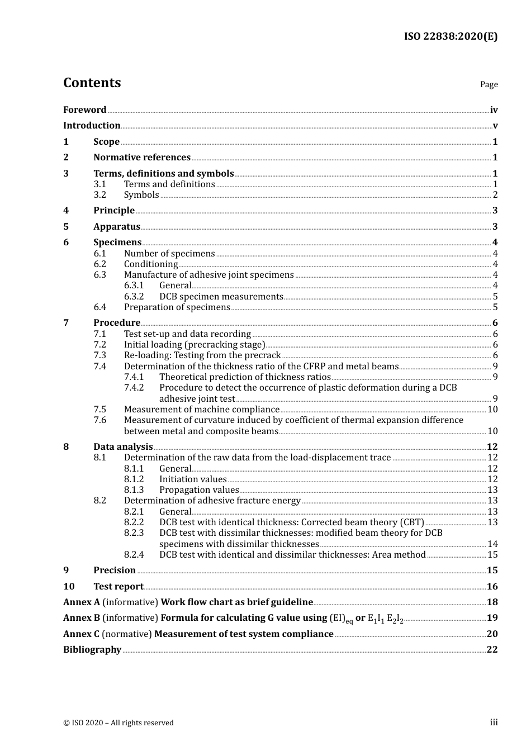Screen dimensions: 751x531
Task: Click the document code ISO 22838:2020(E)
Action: (451, 36)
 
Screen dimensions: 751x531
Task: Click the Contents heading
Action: (92, 83)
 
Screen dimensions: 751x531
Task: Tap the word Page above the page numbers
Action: (489, 84)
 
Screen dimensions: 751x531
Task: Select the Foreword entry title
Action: (84, 110)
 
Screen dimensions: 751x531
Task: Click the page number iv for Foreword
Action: (494, 110)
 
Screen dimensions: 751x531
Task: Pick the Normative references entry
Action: (142, 158)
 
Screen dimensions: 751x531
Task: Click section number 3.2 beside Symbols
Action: (99, 195)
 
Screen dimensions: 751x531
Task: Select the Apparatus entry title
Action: (117, 227)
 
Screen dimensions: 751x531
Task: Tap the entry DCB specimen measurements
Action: (221, 297)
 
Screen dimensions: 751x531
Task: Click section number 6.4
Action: (99, 307)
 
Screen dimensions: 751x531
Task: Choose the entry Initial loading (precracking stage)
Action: (195, 345)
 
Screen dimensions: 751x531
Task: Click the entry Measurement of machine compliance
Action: (201, 410)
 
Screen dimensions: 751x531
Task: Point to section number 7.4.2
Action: (134, 388)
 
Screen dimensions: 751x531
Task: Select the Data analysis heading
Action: (123, 447)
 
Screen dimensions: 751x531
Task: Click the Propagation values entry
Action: (199, 490)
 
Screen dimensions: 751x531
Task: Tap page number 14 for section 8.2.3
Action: (492, 544)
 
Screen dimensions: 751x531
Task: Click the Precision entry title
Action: (115, 571)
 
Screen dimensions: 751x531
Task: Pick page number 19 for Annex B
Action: (492, 618)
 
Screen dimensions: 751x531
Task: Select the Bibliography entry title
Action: (92, 650)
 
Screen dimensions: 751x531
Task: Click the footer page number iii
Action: (494, 723)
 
